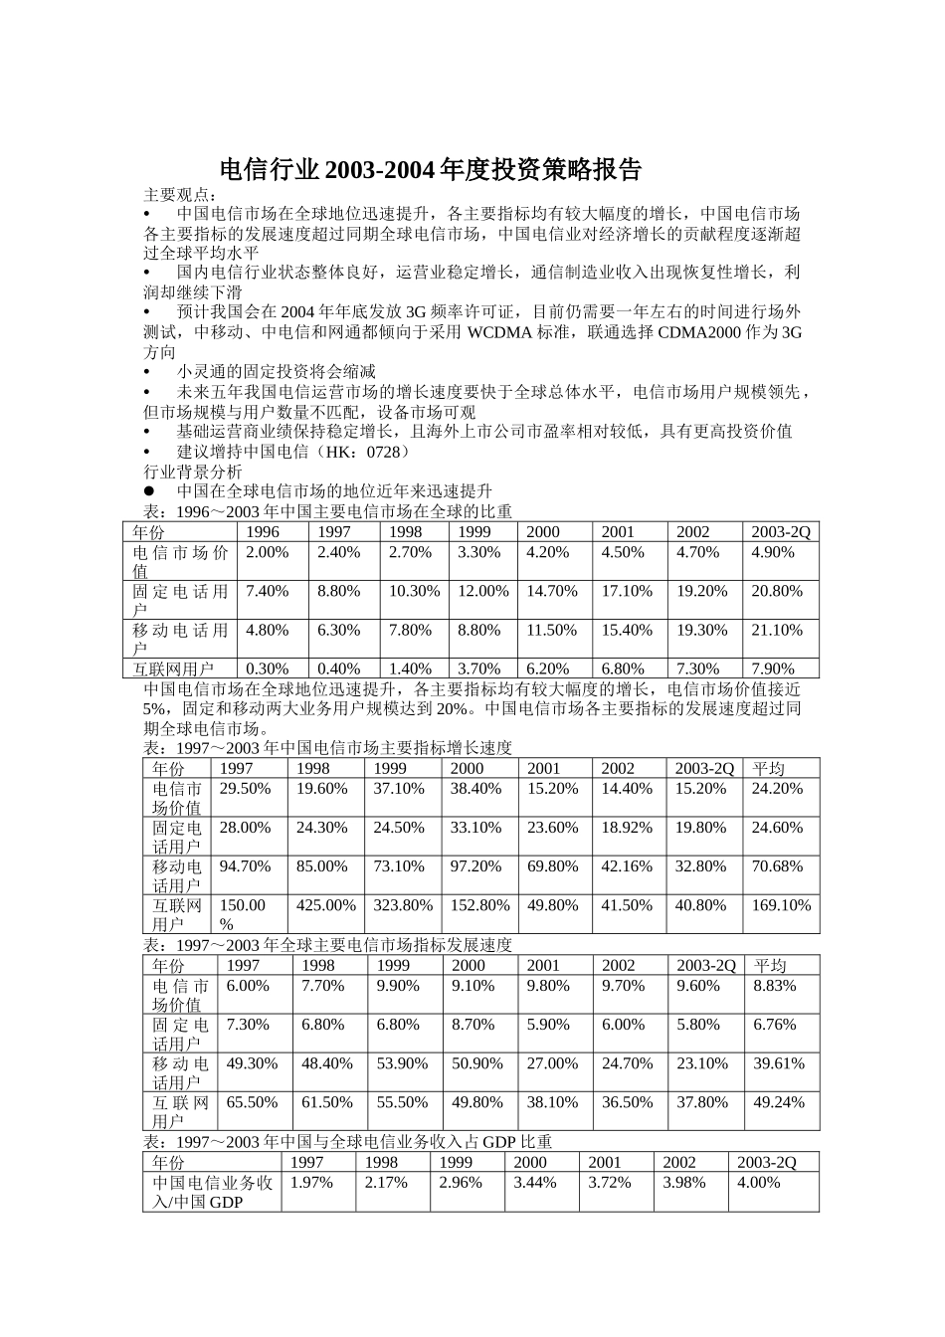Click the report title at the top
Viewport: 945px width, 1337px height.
[430, 170]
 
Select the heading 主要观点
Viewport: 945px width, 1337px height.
[179, 194]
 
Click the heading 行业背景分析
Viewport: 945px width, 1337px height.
[193, 472]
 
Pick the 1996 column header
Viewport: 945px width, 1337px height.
[263, 532]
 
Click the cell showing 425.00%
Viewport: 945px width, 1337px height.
[326, 905]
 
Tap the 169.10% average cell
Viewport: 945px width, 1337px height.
[781, 905]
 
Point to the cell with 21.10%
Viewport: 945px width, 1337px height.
[777, 630]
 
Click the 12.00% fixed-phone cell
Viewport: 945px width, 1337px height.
[482, 591]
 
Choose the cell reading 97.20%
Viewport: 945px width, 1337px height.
[475, 866]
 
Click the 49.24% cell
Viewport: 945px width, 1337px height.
[778, 1102]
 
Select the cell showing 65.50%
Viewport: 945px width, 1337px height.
[252, 1102]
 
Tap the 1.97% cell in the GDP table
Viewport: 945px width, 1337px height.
[310, 1182]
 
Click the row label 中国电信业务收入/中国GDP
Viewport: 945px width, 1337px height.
[212, 1192]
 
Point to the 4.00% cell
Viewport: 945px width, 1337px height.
[758, 1182]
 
